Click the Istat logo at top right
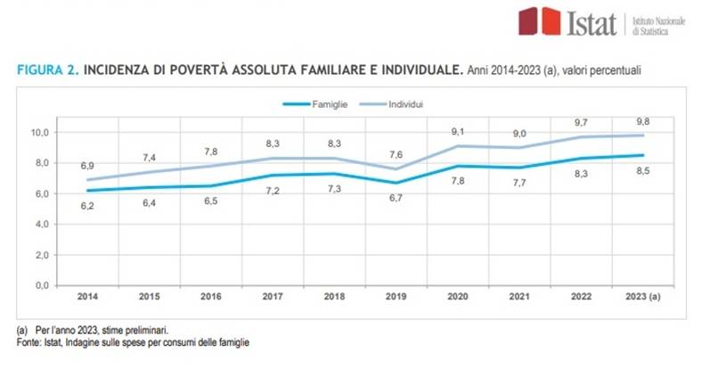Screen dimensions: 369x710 click(567, 21)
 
